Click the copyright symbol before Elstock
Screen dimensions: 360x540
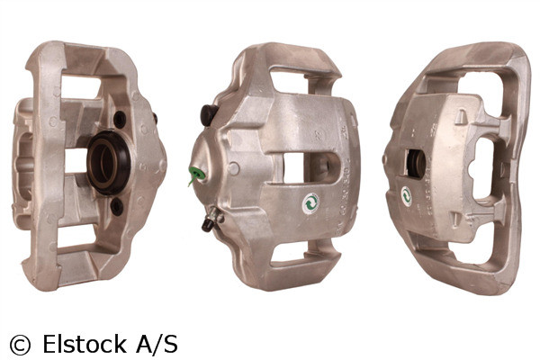(19, 344)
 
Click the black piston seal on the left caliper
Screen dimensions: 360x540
(109, 162)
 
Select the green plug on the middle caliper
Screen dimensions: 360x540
(193, 174)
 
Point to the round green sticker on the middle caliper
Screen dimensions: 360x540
(311, 203)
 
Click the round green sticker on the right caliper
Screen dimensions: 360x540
(407, 196)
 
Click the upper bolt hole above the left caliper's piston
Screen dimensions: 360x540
(120, 119)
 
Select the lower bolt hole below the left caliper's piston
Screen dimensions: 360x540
(116, 206)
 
